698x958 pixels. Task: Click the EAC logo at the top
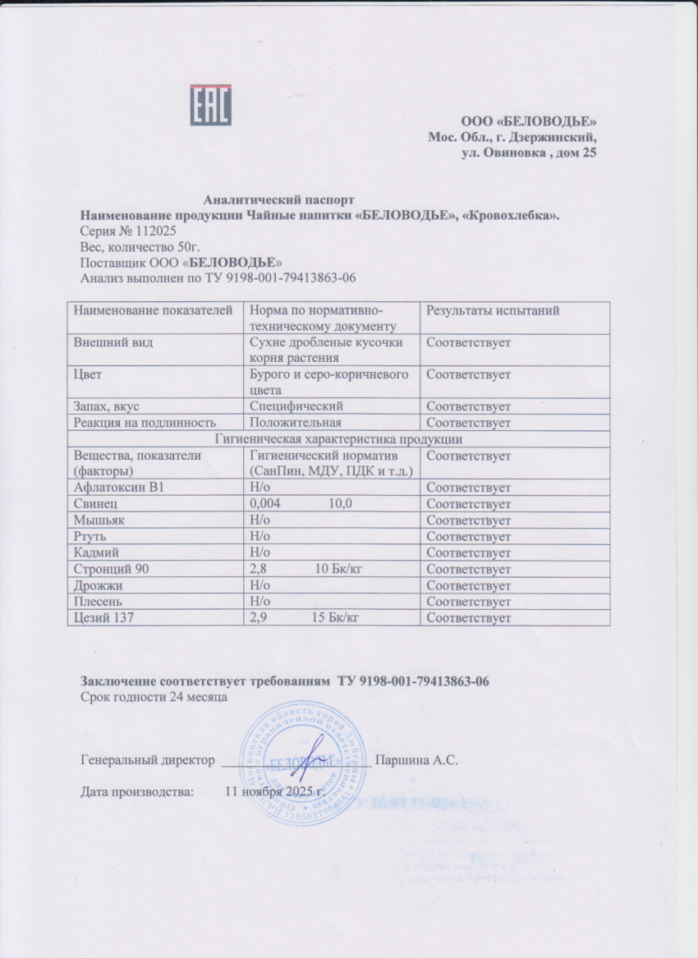point(211,105)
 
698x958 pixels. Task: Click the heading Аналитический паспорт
point(278,199)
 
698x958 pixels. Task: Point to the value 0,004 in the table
point(264,503)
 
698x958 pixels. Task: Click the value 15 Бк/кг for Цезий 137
point(336,617)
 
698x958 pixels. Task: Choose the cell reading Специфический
point(296,406)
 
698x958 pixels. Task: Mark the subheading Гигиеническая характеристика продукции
point(338,439)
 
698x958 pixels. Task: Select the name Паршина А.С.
point(416,760)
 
